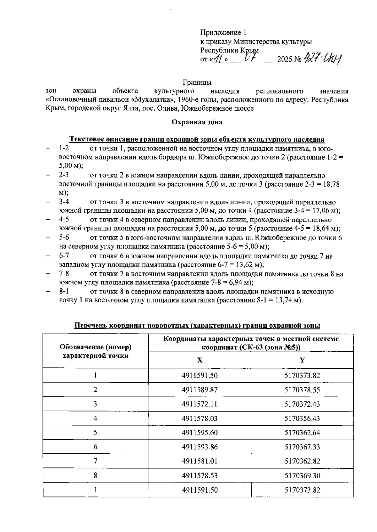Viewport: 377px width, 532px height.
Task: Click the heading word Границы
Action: click(x=197, y=82)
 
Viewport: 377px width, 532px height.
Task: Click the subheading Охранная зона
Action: click(x=197, y=122)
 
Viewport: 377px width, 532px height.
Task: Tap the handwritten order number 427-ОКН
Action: click(x=323, y=59)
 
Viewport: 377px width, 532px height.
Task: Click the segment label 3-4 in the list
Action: click(x=64, y=202)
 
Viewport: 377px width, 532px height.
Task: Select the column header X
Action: click(x=200, y=360)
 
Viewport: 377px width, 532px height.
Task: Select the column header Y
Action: click(x=302, y=360)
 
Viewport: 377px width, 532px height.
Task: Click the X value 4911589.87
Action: click(x=200, y=390)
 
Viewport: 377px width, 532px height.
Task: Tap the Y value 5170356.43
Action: click(x=302, y=418)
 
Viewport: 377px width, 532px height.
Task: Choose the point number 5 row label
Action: click(x=96, y=433)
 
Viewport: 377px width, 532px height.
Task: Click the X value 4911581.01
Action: click(x=200, y=461)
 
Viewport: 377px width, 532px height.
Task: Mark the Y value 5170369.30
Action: click(x=302, y=476)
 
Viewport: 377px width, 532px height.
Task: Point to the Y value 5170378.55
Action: click(x=302, y=390)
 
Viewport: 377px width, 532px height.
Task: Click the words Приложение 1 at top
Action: click(x=223, y=32)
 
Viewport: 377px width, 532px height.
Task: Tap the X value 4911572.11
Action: click(x=200, y=404)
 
